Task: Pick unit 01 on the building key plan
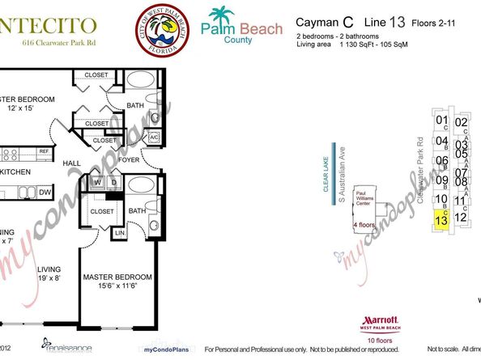pos(441,123)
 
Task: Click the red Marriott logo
pos(374,322)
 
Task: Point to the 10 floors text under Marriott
pos(374,341)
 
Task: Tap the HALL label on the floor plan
pos(73,163)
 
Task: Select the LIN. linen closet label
pos(119,233)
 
